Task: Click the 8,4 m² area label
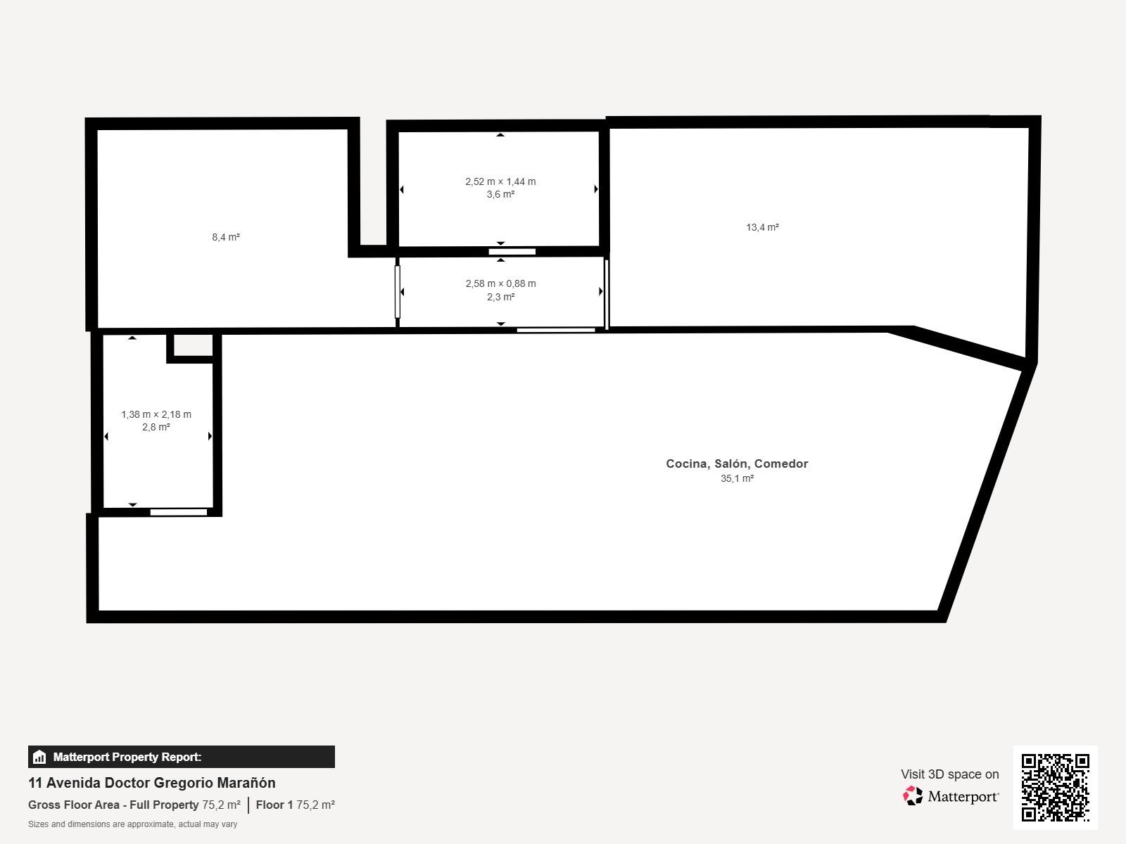coord(226,238)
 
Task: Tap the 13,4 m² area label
coord(762,227)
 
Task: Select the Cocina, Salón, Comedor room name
coord(737,463)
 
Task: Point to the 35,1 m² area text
coord(737,479)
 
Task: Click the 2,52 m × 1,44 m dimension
coord(500,181)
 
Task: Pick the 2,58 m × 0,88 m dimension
coord(500,283)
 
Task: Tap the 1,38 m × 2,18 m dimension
coord(156,414)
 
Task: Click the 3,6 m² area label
coord(500,194)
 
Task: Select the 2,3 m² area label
coord(500,297)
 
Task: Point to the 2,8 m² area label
coord(156,427)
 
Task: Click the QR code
coord(1055,787)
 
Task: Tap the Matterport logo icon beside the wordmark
coord(913,796)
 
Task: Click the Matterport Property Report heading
coord(127,757)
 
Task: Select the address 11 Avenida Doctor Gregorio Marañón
coord(152,783)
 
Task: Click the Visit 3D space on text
coord(949,774)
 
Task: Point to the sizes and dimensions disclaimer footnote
coord(132,824)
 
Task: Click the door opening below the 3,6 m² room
coord(512,252)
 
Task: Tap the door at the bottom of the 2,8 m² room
coord(179,512)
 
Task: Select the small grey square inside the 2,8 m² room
coord(193,345)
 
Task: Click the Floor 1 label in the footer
coord(274,805)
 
